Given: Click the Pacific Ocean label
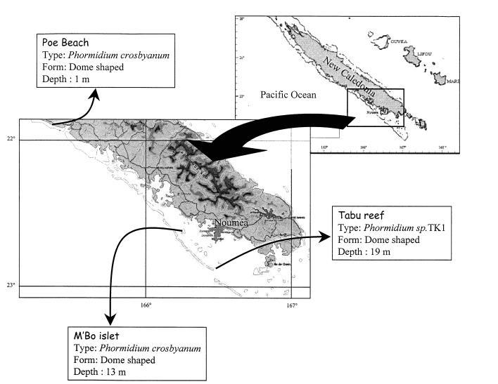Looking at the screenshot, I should click(x=288, y=94).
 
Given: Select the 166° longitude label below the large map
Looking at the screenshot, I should click(x=146, y=305).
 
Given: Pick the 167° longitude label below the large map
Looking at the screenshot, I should click(x=291, y=305).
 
